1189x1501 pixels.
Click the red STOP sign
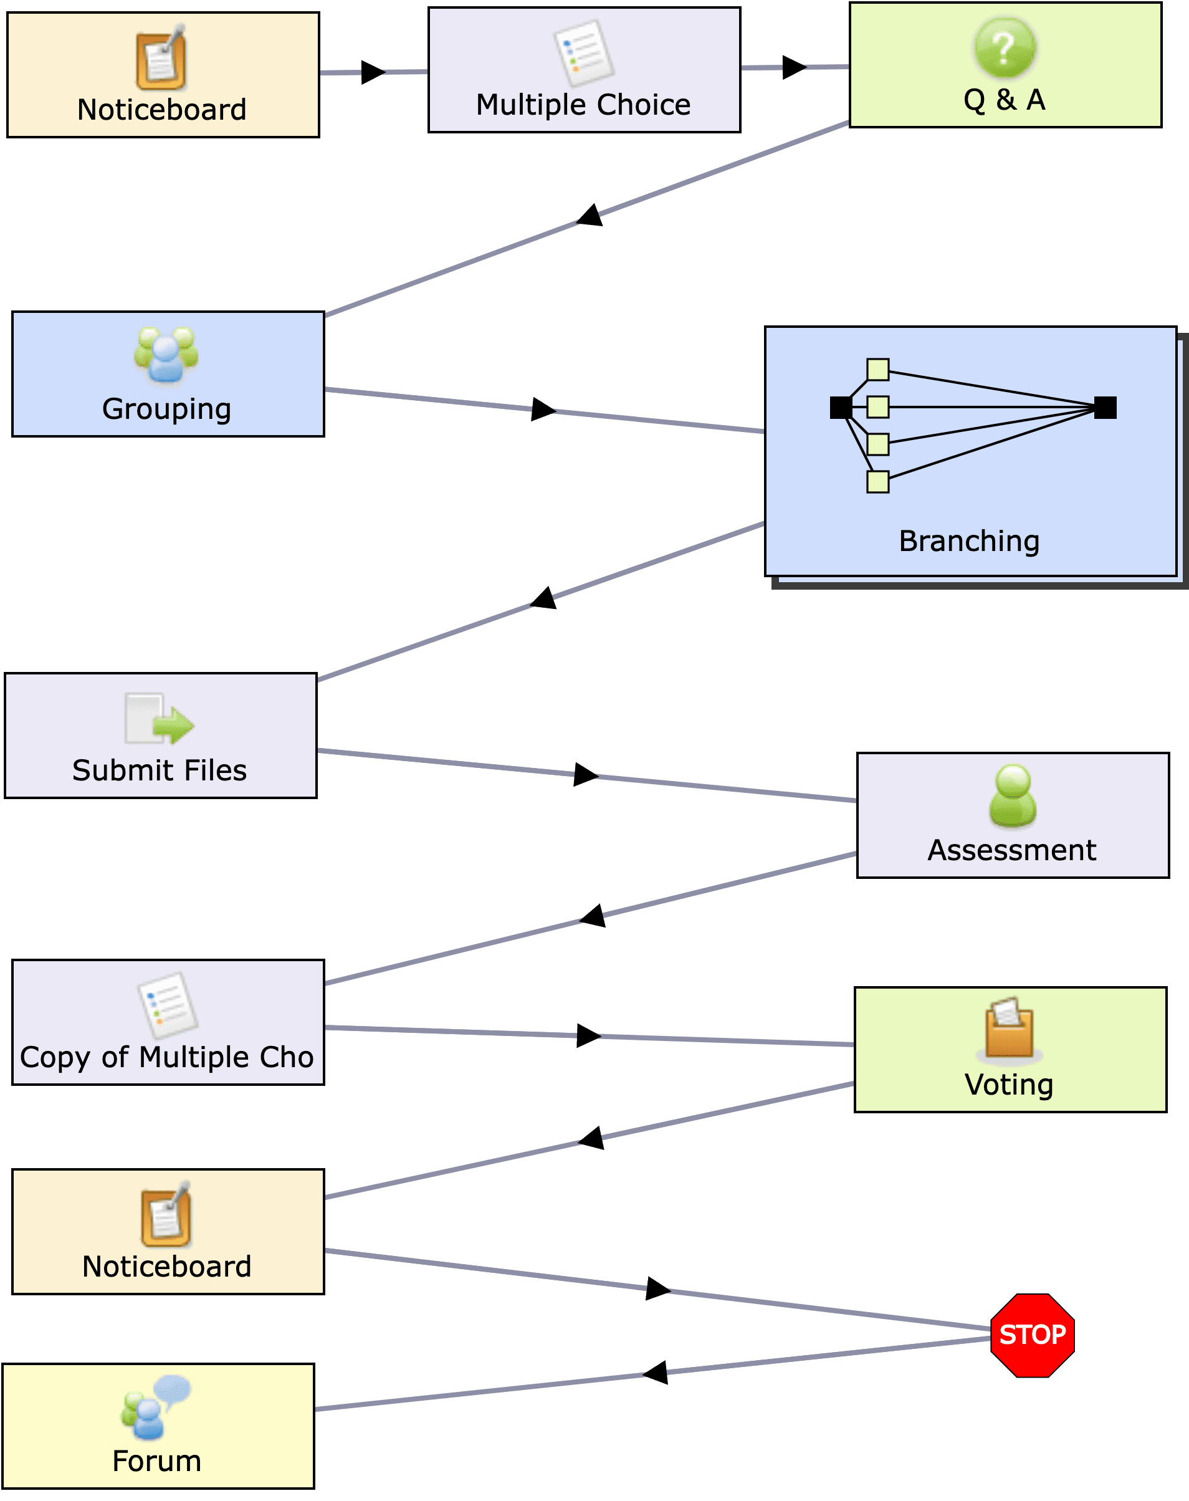click(x=1033, y=1335)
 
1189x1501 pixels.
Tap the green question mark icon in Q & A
click(x=1005, y=47)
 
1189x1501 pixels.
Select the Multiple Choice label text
click(x=583, y=105)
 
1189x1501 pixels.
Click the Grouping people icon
click(x=166, y=355)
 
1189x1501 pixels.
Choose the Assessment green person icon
click(x=1013, y=796)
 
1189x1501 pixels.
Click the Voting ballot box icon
click(x=1010, y=1028)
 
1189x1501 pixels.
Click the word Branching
click(x=969, y=542)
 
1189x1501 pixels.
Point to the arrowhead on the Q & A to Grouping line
click(x=590, y=215)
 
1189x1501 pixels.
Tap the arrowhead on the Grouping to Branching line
click(x=543, y=410)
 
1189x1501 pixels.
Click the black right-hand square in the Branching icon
click(x=1105, y=407)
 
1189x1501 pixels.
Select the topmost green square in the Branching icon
click(x=878, y=369)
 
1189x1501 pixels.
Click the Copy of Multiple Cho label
click(x=167, y=1058)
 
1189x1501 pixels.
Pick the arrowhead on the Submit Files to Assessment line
click(x=586, y=774)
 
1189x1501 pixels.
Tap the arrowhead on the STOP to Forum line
click(x=655, y=1372)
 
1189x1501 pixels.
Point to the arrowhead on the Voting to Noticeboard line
click(x=591, y=1138)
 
